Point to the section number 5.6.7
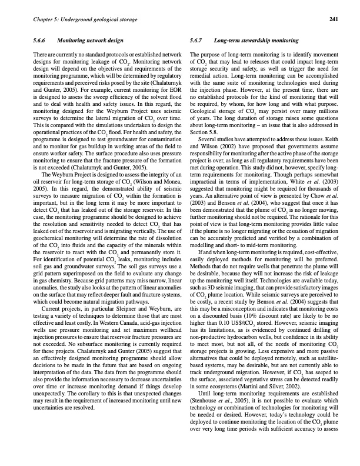point(198,41)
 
